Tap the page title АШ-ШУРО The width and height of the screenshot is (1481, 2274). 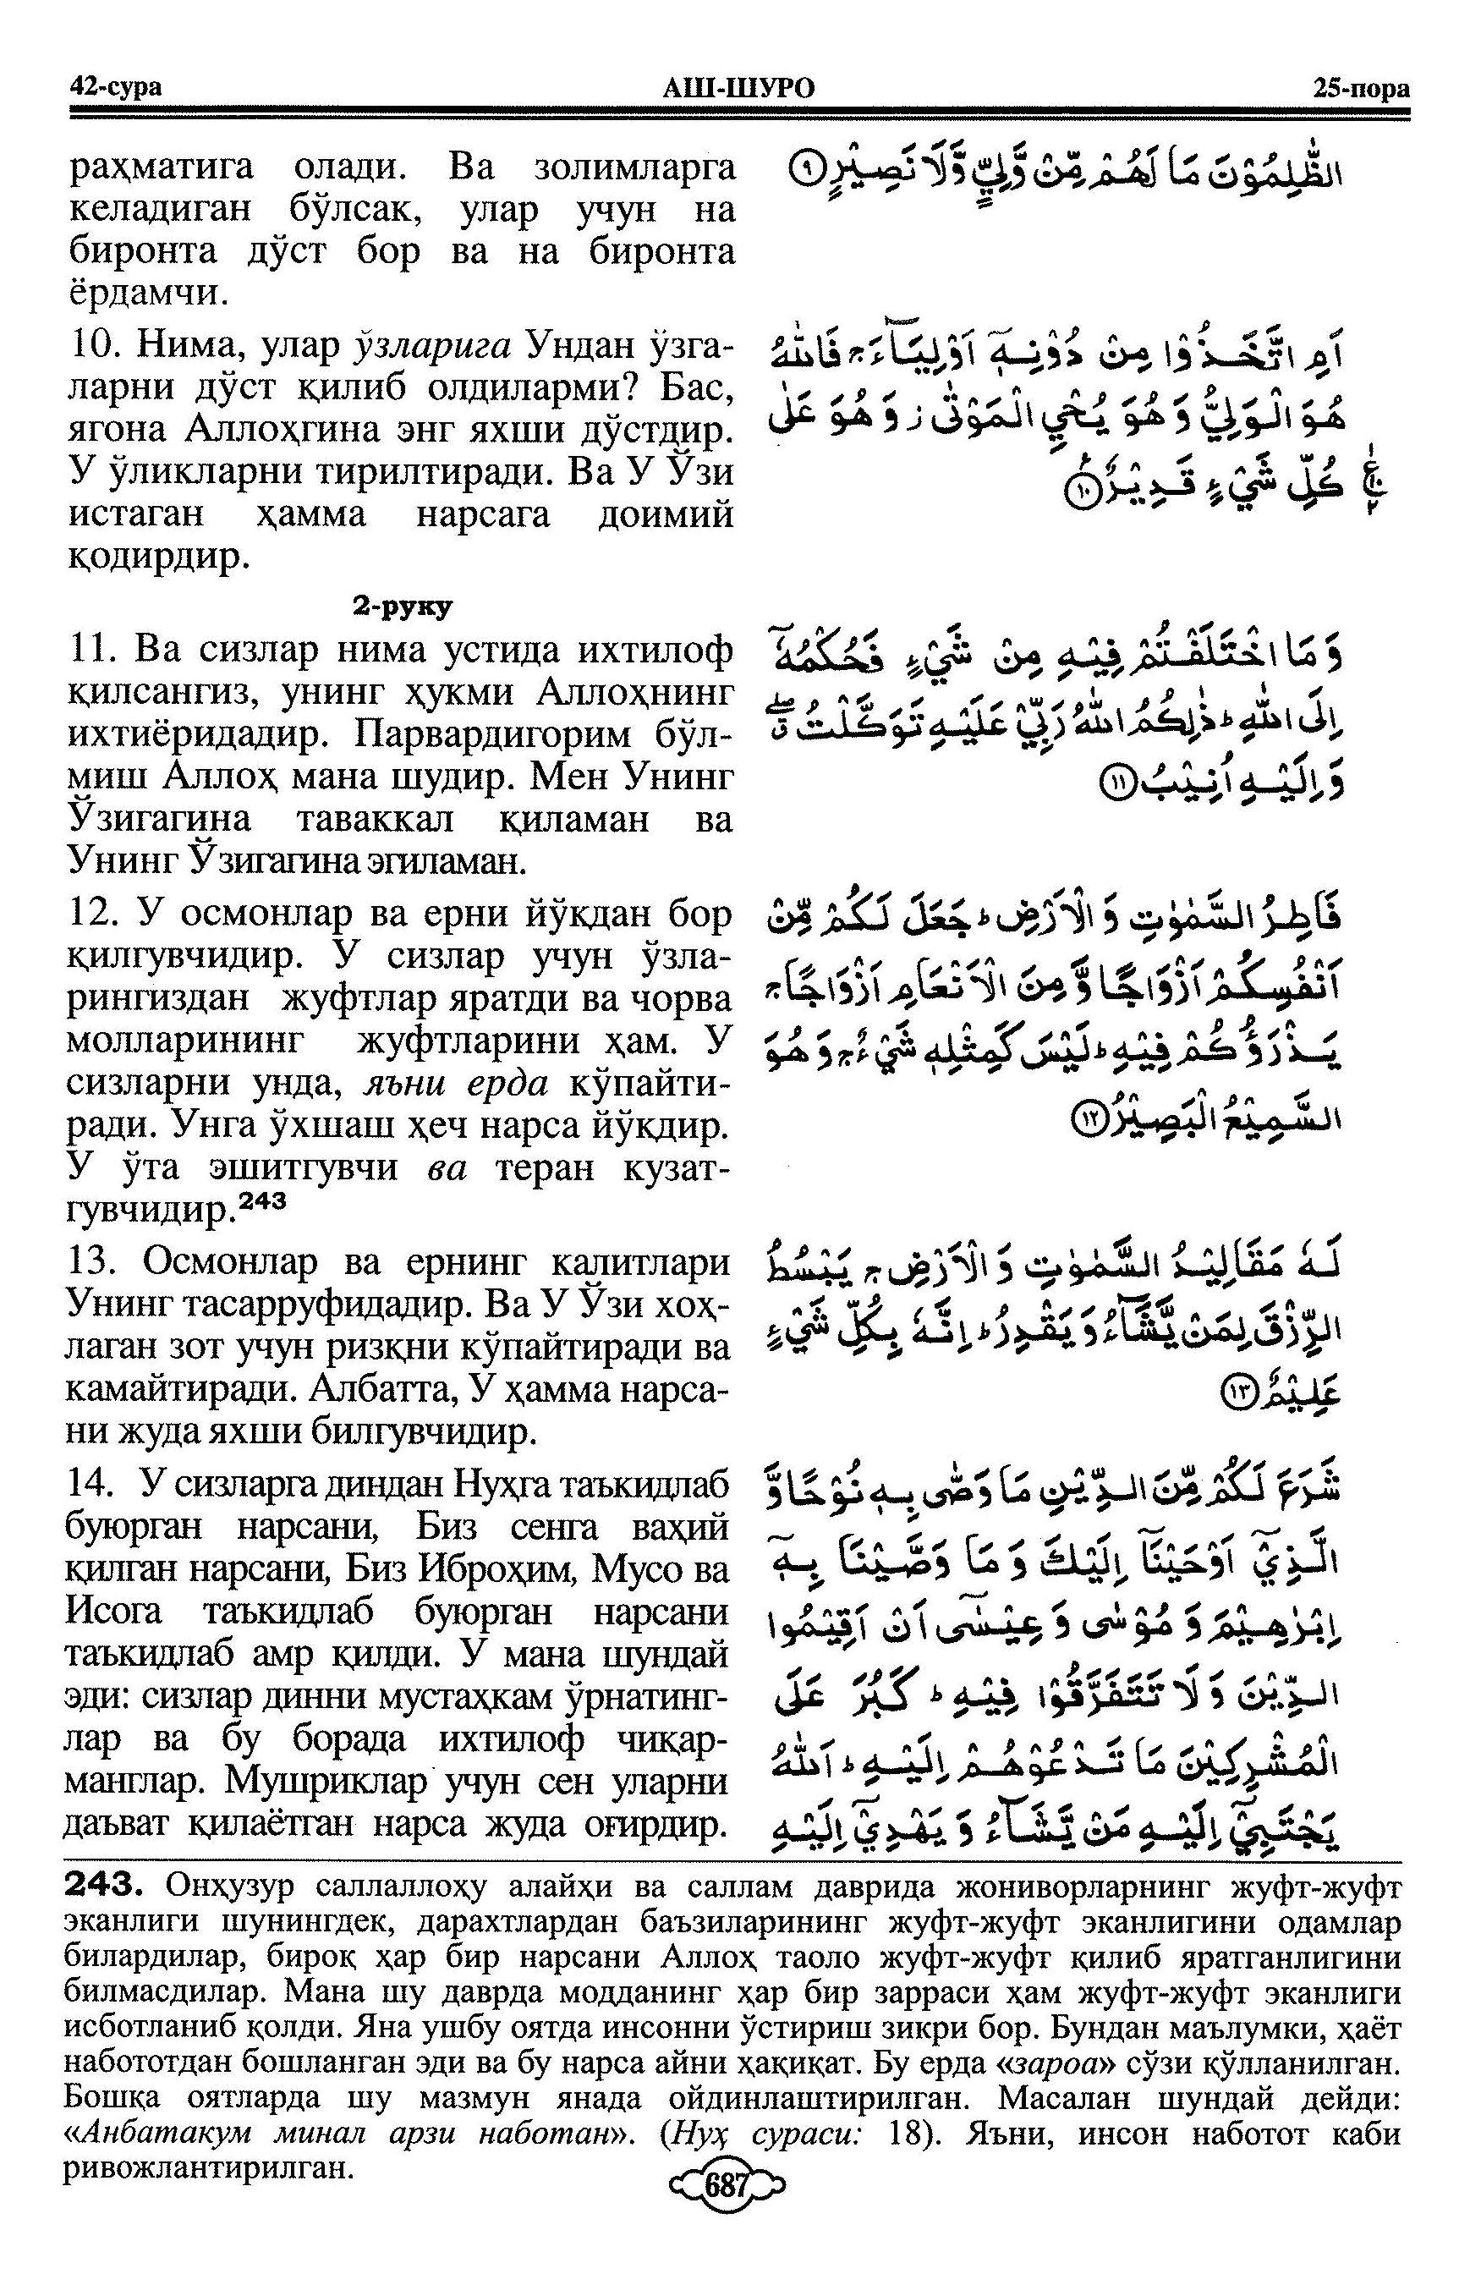coord(738,89)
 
